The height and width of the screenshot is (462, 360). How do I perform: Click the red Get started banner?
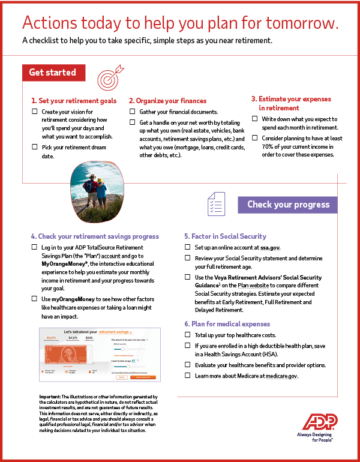(53, 73)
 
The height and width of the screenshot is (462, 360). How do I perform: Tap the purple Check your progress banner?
(288, 205)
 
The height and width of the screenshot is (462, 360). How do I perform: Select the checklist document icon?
(215, 205)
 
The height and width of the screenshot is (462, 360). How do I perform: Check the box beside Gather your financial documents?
(133, 112)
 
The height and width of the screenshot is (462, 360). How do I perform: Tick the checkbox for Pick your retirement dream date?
(34, 147)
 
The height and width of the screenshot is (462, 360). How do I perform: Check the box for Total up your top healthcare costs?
(188, 335)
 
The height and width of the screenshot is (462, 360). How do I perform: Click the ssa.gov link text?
(269, 247)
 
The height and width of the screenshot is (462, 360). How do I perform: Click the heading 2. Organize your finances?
(167, 101)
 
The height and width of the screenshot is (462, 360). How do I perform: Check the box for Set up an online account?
(188, 247)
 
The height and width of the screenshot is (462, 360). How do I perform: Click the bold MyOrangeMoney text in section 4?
(65, 264)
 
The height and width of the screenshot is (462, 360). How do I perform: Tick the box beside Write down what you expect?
(255, 119)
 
